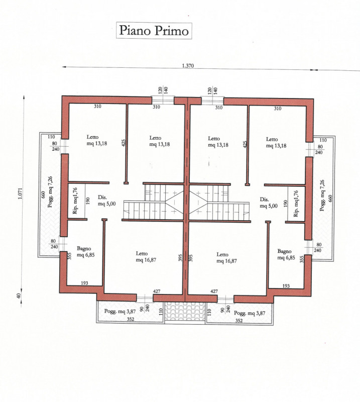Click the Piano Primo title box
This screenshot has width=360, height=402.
coord(154,31)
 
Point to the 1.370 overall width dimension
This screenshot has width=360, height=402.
coord(188,66)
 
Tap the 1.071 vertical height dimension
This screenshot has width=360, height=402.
coord(20,193)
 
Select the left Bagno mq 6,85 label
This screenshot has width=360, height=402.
coord(86,252)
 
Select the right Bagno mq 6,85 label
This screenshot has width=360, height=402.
coord(286,254)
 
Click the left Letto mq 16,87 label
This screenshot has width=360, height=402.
coord(146,257)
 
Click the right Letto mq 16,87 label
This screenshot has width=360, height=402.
coord(226,258)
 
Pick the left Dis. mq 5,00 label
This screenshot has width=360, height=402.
coord(106,200)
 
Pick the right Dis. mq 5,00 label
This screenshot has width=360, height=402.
coord(269,203)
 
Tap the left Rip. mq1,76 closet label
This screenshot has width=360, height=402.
coord(75,200)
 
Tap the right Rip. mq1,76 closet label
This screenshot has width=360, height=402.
coord(296,204)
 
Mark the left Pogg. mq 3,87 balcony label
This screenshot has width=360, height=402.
coord(120,311)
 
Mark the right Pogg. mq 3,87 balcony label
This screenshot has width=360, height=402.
coord(250,313)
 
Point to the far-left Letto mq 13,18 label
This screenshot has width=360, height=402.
coord(96,140)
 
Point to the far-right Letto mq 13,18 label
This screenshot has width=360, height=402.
coord(276,143)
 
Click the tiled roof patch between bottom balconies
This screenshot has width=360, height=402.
coord(185,311)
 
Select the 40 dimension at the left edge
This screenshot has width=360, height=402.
coord(19,296)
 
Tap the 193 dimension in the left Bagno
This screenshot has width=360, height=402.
coord(84,283)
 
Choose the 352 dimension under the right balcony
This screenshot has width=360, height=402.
coord(239,321)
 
